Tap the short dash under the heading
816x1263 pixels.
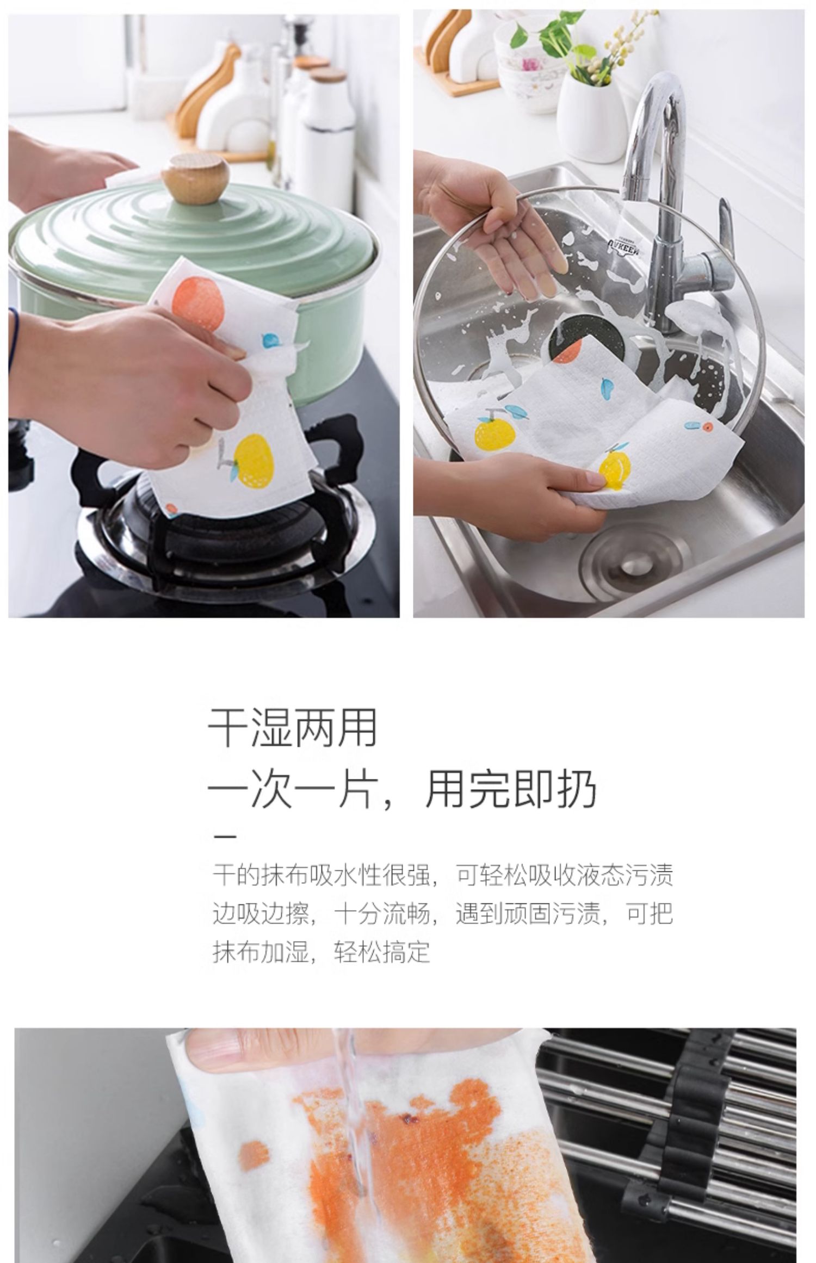(x=224, y=836)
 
